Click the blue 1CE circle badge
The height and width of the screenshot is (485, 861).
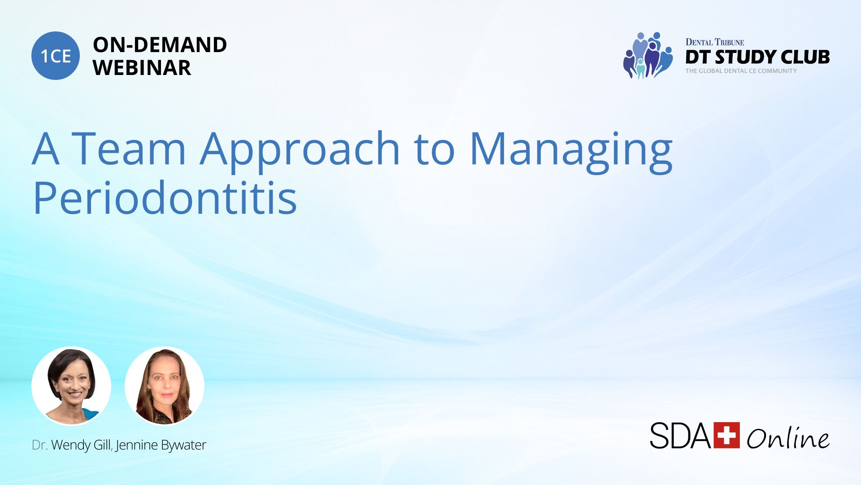[56, 56]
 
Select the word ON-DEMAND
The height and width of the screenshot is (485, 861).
[160, 45]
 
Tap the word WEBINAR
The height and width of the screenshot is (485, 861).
[142, 68]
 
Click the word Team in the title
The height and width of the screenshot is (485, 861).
[129, 148]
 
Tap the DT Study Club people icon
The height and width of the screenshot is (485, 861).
[648, 55]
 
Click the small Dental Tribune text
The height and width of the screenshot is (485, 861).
[714, 42]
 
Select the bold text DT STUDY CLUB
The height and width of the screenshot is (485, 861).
[757, 57]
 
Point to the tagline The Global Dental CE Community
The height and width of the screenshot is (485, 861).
[741, 71]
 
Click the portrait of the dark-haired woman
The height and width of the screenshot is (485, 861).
[71, 386]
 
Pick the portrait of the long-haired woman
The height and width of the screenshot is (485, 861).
[165, 386]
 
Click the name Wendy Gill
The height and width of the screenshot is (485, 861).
[81, 445]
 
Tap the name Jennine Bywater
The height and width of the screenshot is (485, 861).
[161, 445]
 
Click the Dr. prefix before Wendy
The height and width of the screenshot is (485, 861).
[39, 445]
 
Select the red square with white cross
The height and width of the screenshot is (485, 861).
[726, 435]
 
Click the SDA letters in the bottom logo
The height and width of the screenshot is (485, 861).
[680, 435]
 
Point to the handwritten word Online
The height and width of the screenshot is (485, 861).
[788, 438]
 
